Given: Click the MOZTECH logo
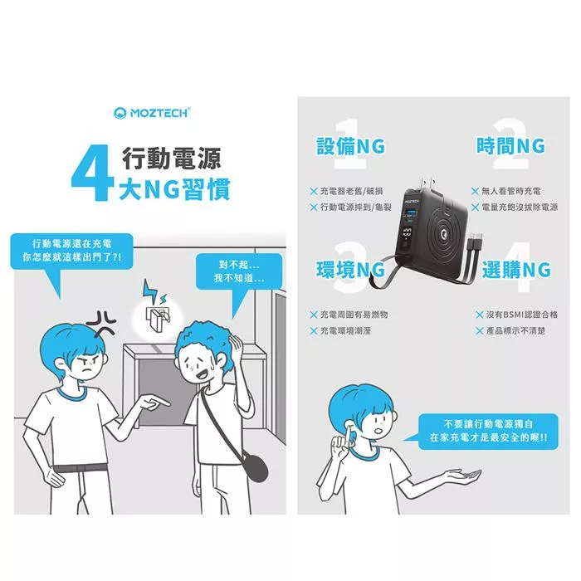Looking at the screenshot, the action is (x=152, y=113).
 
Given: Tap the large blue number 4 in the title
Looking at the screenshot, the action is (x=93, y=173).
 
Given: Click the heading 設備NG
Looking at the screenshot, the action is (x=350, y=145).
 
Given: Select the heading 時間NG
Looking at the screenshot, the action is (x=510, y=145).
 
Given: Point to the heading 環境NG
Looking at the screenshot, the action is (x=350, y=270).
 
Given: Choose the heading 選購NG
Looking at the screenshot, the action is (x=516, y=270).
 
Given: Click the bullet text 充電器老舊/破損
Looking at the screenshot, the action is (x=351, y=191).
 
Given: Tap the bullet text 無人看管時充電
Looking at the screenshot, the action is (x=511, y=191).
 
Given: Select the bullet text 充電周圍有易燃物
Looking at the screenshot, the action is (x=354, y=315).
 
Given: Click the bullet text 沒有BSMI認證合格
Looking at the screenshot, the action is (x=522, y=315).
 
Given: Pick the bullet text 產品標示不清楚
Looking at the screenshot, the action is (x=515, y=330).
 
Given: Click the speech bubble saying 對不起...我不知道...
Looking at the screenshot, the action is (x=239, y=271).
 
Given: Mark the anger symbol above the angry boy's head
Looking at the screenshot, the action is (x=101, y=322).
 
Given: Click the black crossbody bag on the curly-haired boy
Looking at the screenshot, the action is (x=254, y=468).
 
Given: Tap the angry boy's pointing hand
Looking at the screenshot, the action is (x=154, y=402).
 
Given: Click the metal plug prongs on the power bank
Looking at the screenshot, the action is (x=426, y=183).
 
